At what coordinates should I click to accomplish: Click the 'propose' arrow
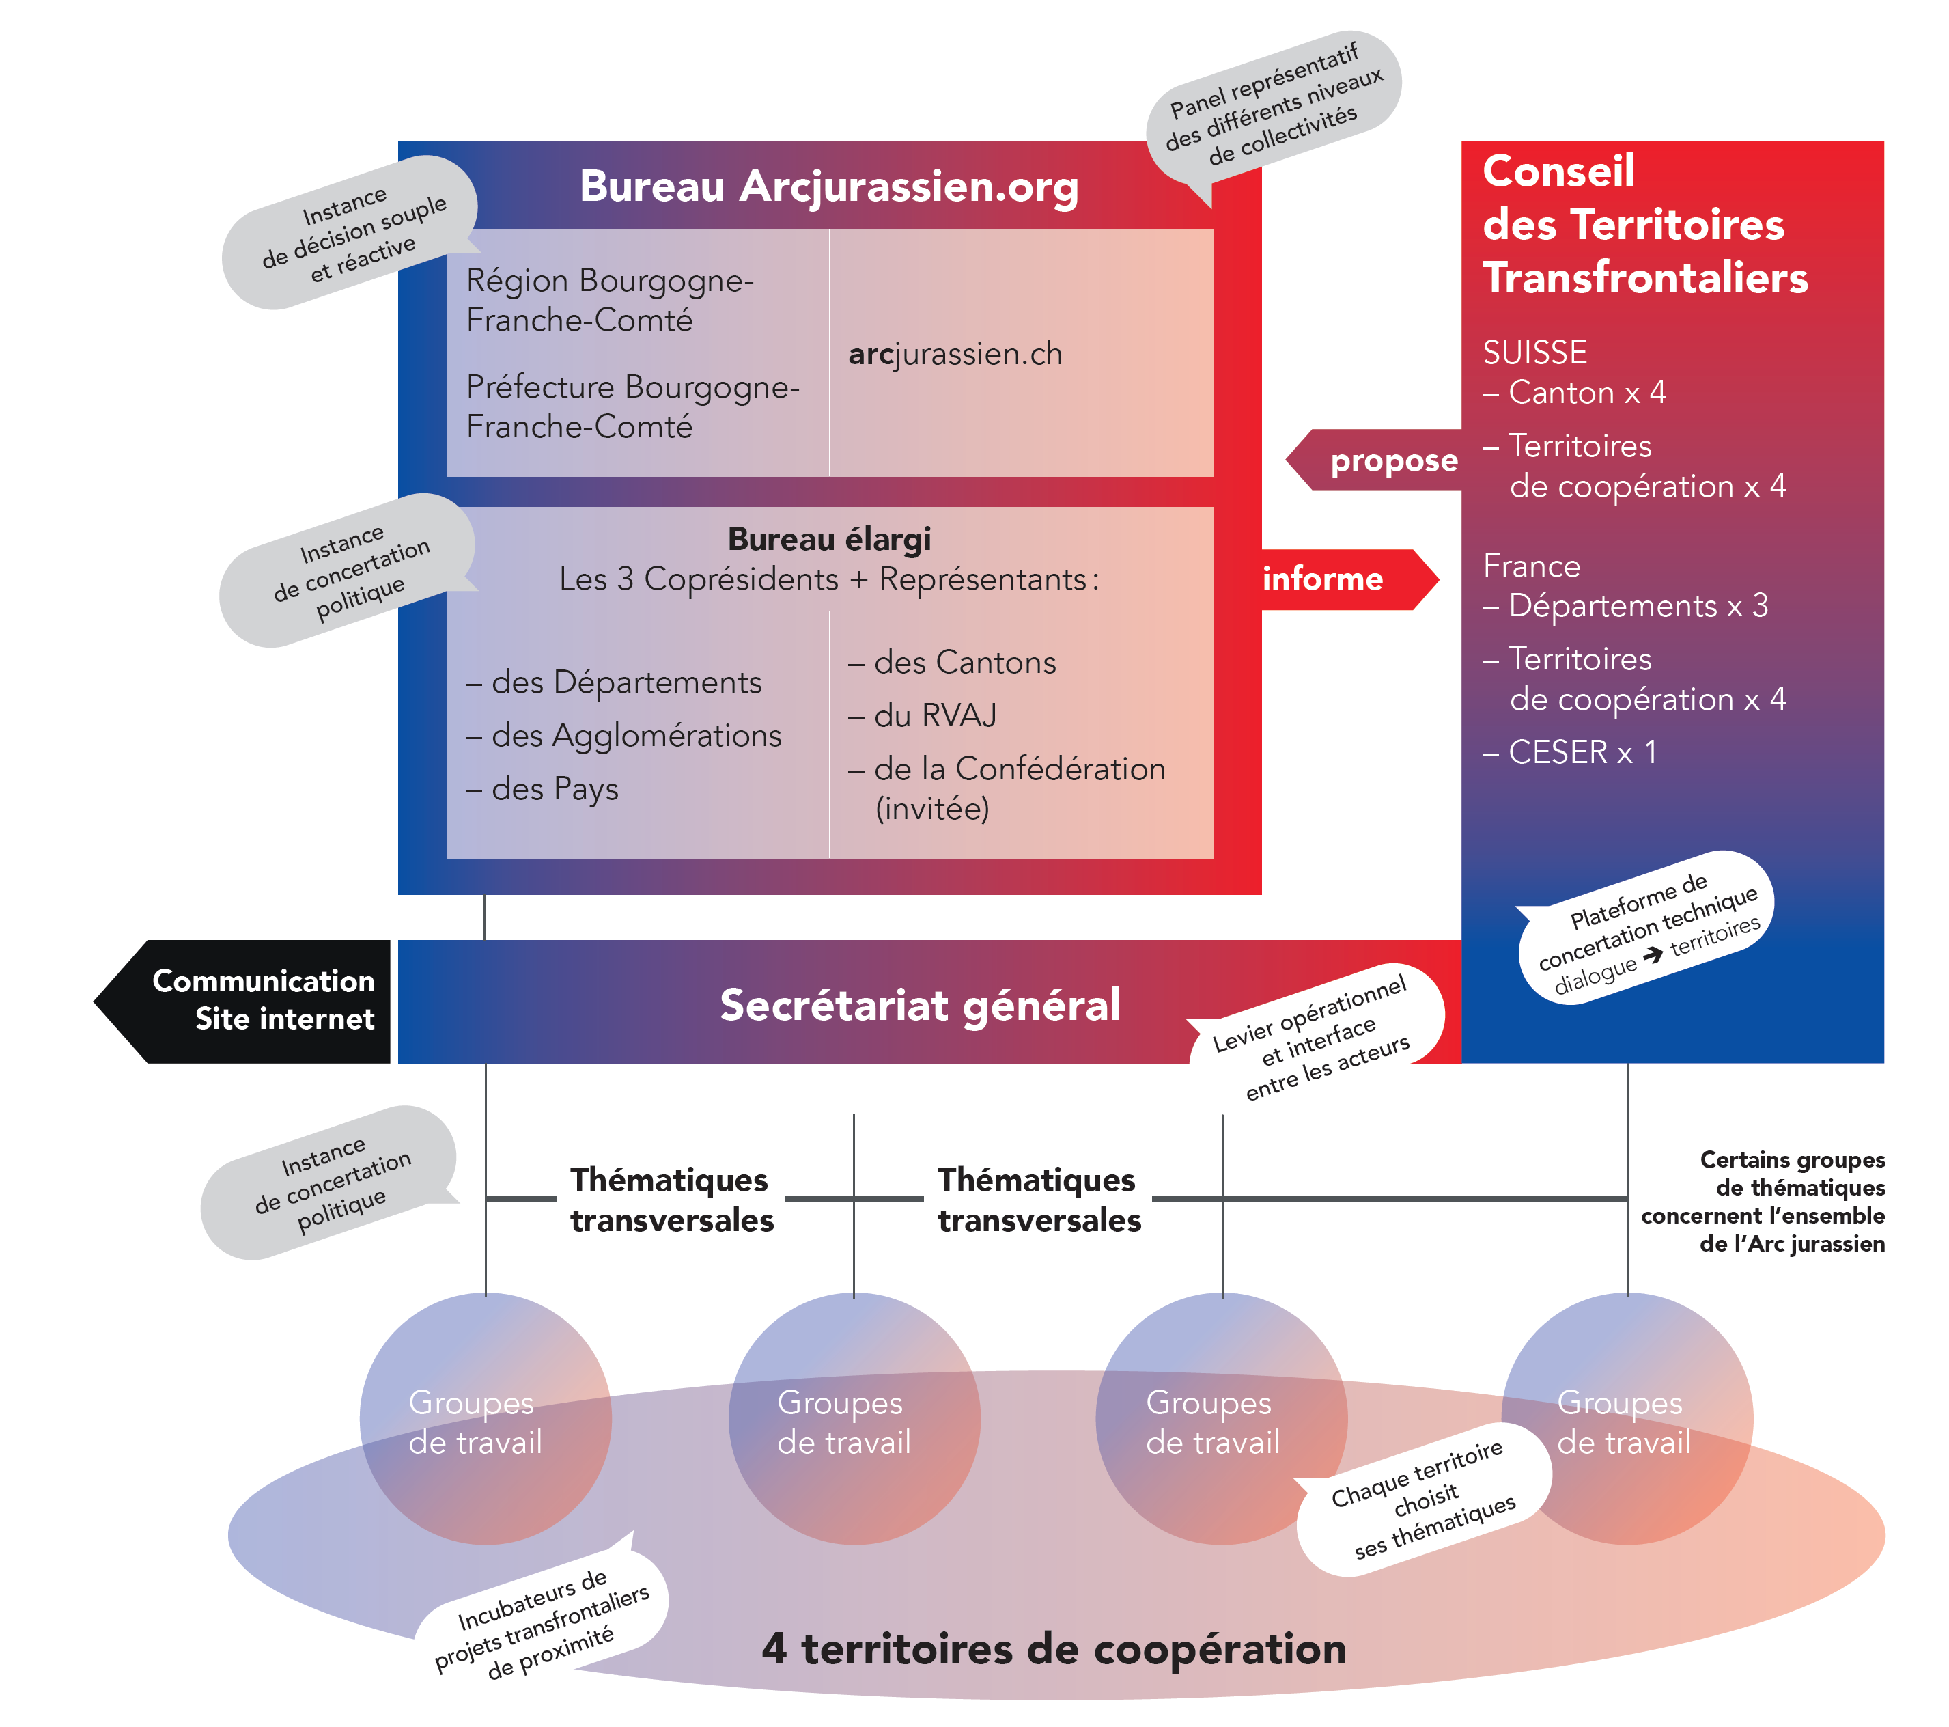[x=1383, y=460]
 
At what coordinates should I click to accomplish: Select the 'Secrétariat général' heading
[x=919, y=1005]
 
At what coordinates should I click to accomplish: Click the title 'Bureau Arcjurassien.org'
[x=828, y=187]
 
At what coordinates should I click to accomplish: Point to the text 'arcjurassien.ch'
[x=955, y=354]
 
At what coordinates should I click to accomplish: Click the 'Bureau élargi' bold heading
[x=828, y=540]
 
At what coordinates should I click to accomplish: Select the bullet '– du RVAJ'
[x=922, y=715]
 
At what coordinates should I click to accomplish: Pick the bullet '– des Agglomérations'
[x=623, y=735]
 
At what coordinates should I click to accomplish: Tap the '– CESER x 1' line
[x=1569, y=752]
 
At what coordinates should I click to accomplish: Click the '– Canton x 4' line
[x=1574, y=392]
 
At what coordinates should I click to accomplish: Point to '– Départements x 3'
[x=1625, y=605]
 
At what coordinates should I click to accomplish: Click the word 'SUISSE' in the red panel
[x=1534, y=353]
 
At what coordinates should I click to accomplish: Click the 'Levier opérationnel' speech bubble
[x=1316, y=1034]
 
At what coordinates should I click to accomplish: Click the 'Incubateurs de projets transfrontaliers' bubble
[x=542, y=1619]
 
